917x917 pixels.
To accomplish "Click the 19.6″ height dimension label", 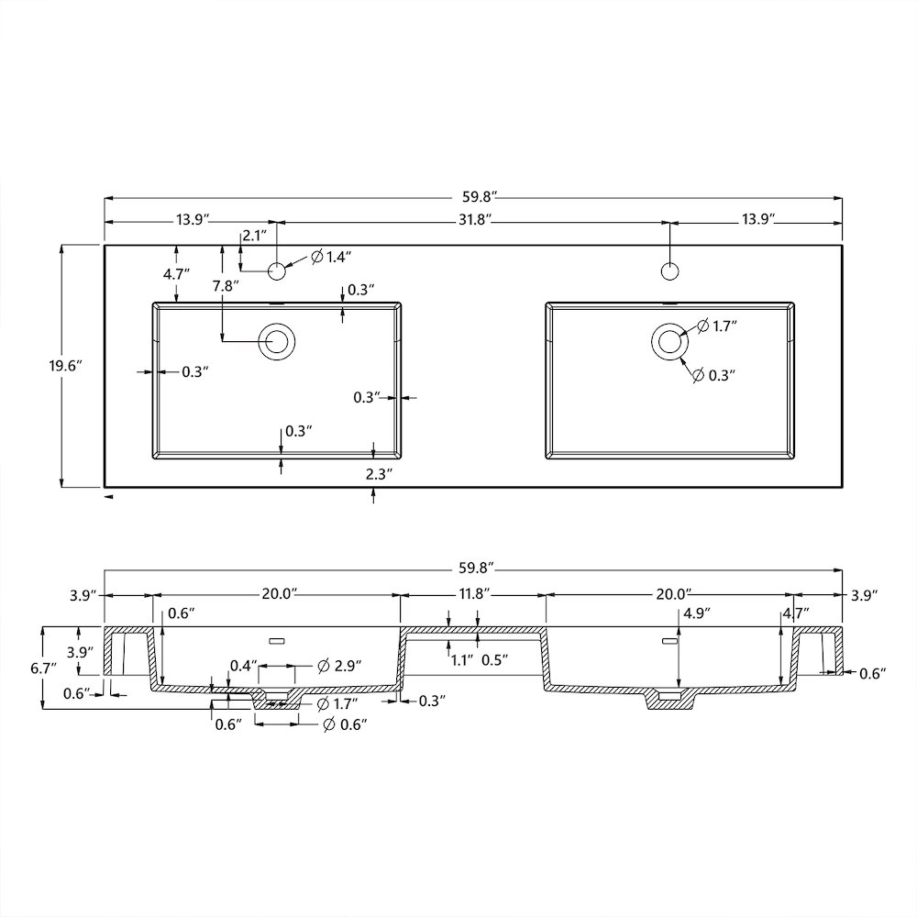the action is (64, 366).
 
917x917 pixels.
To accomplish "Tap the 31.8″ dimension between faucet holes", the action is (474, 220).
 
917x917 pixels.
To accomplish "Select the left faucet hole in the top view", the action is (277, 271).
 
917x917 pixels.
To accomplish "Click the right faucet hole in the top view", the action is (669, 271).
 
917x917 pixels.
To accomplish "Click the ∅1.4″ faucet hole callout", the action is (331, 256).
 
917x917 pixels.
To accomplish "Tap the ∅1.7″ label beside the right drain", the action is (717, 326).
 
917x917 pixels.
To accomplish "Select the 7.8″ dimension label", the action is (226, 286).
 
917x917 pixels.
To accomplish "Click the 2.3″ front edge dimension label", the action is (379, 474).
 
